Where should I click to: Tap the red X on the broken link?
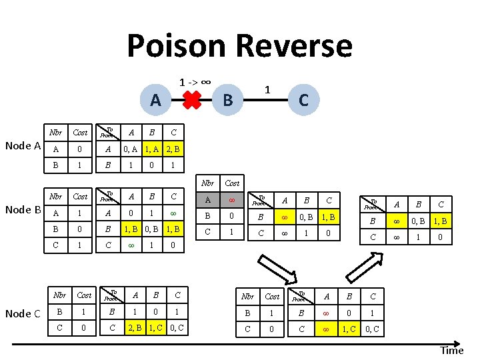coord(191,101)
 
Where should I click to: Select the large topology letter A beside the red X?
coord(155,100)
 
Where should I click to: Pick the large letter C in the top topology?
coord(303,100)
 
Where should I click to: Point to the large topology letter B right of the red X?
coord(227,101)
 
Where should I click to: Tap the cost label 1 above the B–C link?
coord(267,89)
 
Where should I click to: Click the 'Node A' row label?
coord(23,146)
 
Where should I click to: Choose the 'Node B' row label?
coord(23,210)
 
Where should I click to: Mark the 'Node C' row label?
coord(23,313)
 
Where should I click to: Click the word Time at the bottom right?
coord(451,351)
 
